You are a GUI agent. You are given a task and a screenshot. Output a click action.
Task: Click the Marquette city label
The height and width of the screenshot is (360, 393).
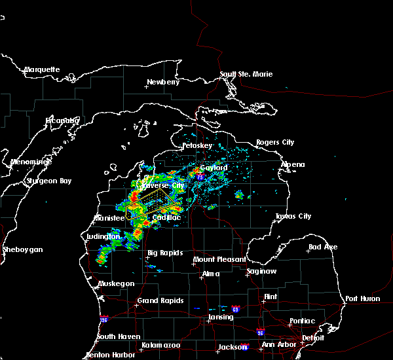coord(42,69)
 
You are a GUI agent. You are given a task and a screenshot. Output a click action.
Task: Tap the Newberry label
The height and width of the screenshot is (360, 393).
coord(162,82)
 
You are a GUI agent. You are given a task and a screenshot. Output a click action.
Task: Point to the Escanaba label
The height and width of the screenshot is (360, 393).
coord(62,120)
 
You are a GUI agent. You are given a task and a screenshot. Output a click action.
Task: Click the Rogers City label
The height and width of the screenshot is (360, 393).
coord(275,142)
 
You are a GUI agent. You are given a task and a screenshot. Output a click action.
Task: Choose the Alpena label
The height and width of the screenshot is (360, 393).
coord(292,164)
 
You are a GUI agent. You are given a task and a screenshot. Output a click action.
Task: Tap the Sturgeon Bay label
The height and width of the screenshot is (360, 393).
coord(47,180)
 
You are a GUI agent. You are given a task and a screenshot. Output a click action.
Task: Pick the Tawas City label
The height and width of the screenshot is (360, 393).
coord(293,216)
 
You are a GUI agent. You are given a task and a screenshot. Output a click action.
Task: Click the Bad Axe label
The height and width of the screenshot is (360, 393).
coord(323,247)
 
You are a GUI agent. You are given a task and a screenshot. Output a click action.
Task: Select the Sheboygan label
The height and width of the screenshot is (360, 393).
coord(22,249)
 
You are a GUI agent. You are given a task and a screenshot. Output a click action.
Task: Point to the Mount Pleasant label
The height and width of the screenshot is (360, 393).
coord(217,260)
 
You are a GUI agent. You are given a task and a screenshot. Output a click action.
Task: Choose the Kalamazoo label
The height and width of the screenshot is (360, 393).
coord(160,344)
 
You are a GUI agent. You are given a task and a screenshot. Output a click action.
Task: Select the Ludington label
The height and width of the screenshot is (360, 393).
coord(103,236)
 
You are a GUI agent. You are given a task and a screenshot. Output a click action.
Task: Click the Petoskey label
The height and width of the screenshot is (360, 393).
coord(197,145)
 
